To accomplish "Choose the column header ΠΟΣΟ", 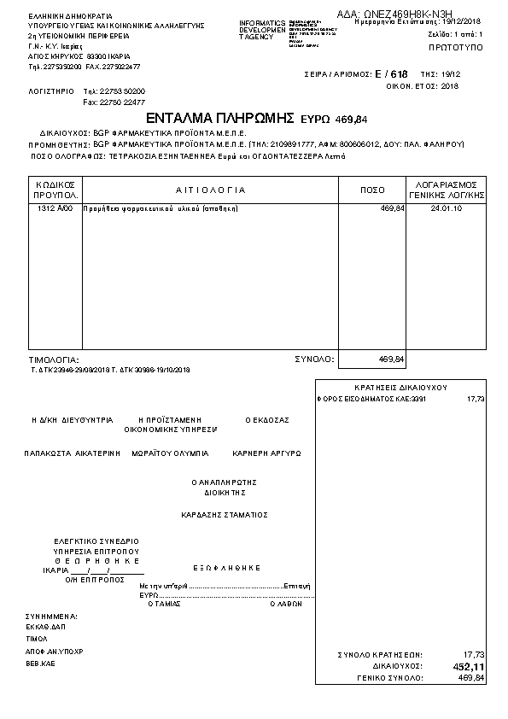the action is tap(373, 190).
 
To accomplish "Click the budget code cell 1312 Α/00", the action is tap(57, 208).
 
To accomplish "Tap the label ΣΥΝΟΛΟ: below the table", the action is tap(314, 359).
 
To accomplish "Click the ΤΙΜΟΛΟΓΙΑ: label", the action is tap(54, 360).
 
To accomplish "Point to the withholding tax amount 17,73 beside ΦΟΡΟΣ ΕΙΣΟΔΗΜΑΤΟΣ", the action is tap(476, 399).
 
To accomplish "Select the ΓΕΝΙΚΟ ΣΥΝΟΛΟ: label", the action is tap(390, 677).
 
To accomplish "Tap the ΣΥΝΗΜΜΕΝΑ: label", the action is tap(51, 616).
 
